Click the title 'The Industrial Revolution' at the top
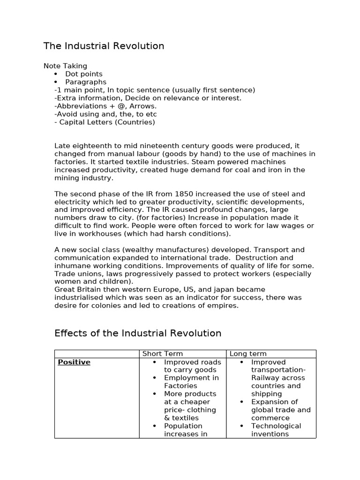click(x=104, y=46)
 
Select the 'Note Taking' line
click(x=65, y=66)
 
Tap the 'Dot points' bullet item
click(x=83, y=74)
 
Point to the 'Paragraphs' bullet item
click(x=86, y=82)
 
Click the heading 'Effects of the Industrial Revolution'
click(x=138, y=333)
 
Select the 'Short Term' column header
click(x=162, y=353)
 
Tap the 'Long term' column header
click(x=248, y=353)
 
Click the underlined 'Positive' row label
click(x=74, y=362)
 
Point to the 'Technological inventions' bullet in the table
click(x=276, y=430)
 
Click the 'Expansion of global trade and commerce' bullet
click(x=280, y=410)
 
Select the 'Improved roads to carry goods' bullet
click(x=192, y=366)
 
